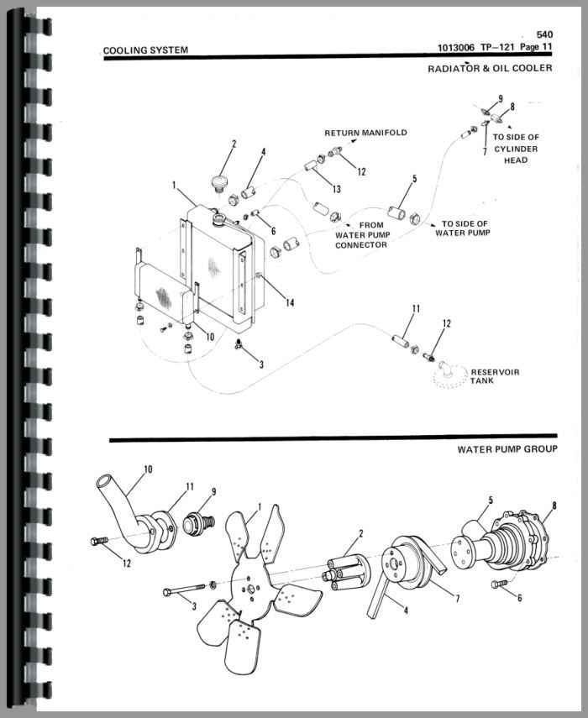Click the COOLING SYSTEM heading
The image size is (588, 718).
point(145,50)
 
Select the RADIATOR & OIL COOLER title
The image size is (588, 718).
point(490,68)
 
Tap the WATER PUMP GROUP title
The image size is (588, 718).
point(507,449)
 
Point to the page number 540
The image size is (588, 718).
point(544,34)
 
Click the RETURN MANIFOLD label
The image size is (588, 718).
point(365,133)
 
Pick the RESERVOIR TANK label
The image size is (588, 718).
point(495,376)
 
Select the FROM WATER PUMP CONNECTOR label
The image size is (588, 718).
point(362,235)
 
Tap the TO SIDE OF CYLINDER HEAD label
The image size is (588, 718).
point(516,149)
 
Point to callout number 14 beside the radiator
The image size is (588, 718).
point(290,302)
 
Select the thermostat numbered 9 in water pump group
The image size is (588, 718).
point(198,523)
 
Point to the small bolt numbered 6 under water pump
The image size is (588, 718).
point(499,584)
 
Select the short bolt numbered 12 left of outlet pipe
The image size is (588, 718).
point(99,541)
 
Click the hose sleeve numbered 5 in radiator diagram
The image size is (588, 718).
point(395,213)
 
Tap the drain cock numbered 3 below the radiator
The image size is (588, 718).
point(238,343)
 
